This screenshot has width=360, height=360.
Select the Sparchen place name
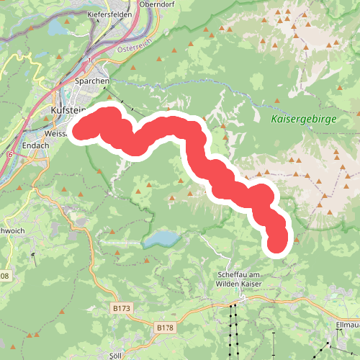(x=91, y=81)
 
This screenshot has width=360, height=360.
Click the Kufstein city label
(x=68, y=109)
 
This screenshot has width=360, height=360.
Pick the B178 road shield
(x=166, y=328)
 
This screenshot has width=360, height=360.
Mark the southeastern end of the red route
(x=277, y=245)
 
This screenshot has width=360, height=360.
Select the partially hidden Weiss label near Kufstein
(x=54, y=134)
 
